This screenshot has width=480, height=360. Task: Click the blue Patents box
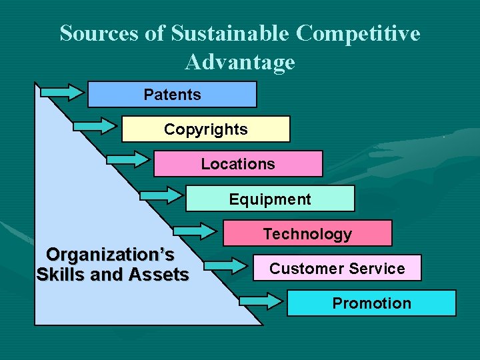pos(172,95)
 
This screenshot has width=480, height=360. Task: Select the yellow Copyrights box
pos(205,129)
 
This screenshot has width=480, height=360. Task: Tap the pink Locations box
pos(238,164)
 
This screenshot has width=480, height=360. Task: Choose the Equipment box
pos(270,199)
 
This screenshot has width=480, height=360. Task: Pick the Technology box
pos(307,233)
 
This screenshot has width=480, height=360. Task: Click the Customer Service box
pos(337,268)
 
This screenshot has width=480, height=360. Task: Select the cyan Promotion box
pos(371,303)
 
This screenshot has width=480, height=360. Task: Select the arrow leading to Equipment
pos(159,195)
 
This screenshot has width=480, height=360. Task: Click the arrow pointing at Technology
pos(195,230)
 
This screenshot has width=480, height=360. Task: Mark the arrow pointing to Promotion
pos(261,301)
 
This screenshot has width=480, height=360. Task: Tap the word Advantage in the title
pos(240,62)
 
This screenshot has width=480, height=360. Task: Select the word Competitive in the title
pos(358,33)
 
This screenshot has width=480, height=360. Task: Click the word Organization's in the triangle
pos(110,255)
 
